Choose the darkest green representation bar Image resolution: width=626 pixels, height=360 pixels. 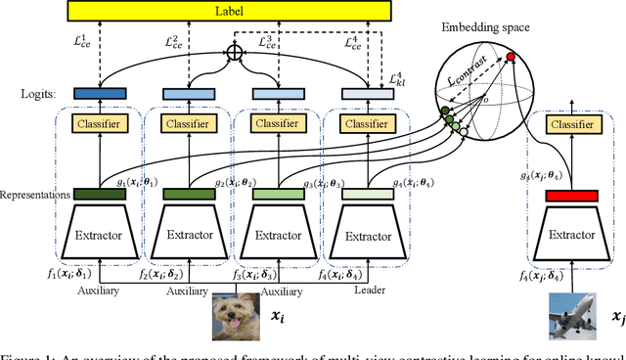point(100,195)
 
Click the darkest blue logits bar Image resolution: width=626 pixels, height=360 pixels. point(100,92)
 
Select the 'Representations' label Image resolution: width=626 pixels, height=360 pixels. point(34,195)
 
